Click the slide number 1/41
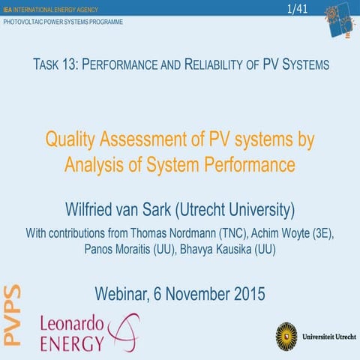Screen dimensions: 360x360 tap(298, 8)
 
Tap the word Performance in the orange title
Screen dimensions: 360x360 tap(244, 163)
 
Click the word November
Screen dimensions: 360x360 tap(187, 293)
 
